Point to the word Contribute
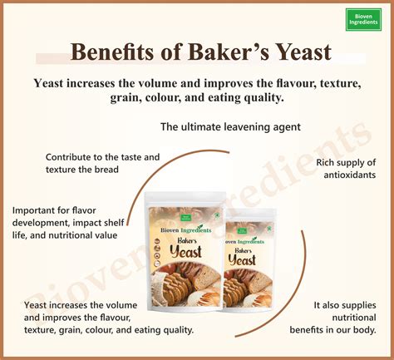point(71,156)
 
